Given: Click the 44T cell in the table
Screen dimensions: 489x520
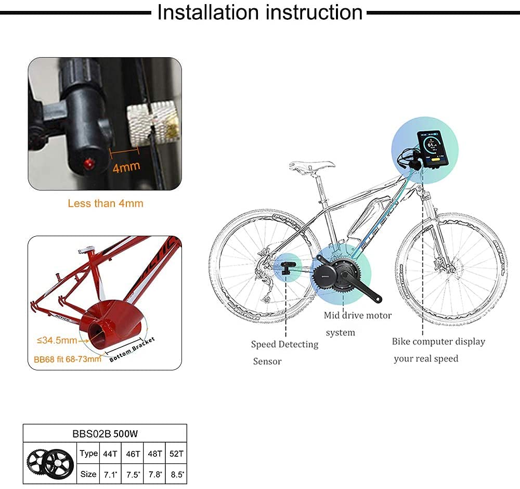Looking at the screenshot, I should (110, 454).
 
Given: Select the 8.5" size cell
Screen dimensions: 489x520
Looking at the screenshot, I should (177, 474).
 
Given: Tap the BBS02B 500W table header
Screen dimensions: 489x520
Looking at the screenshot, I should (105, 433).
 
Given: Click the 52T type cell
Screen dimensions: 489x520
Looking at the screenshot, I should (177, 454).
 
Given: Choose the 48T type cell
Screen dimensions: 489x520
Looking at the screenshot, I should (154, 454).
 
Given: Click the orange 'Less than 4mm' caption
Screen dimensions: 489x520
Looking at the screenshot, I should (105, 203).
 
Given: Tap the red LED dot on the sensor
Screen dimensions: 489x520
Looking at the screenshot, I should (87, 164).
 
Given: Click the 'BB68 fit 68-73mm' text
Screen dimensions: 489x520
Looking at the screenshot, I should (65, 359).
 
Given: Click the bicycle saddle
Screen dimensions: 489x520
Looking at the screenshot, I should (312, 166).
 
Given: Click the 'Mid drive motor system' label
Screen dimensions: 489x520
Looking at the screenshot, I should (357, 324).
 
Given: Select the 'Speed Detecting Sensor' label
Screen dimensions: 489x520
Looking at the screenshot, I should (284, 352).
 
